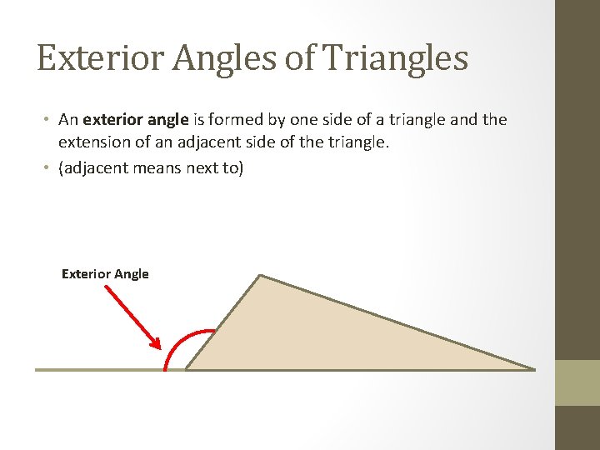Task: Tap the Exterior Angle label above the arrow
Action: (x=105, y=273)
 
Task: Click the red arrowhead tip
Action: (x=160, y=347)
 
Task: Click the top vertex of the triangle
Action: (x=259, y=276)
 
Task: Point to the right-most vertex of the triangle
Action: (x=533, y=369)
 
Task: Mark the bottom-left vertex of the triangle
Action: (x=186, y=369)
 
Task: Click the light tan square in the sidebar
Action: (x=577, y=382)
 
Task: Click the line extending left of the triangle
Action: (x=100, y=369)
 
